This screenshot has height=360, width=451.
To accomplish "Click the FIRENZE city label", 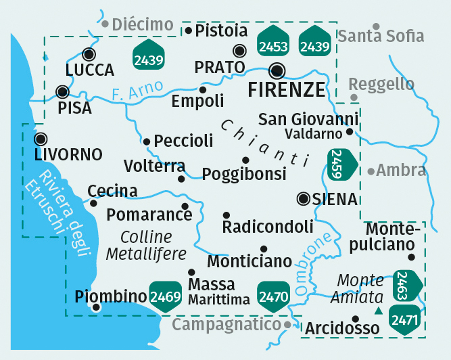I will coord(287,90).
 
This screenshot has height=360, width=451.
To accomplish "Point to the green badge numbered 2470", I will coord(274,296).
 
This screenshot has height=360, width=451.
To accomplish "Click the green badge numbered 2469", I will coord(166,296).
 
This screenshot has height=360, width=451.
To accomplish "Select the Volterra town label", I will coord(154,166).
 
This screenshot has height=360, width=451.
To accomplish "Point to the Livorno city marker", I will coord(41,139).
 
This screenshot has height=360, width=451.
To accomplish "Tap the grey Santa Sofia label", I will coord(381,36).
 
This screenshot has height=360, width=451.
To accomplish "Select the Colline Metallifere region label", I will coord(146,246).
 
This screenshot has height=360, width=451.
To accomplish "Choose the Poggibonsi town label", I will coord(244,174).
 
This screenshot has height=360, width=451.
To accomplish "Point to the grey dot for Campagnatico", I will coord(287,325).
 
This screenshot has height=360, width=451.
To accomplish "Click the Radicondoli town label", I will coord(268,226).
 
